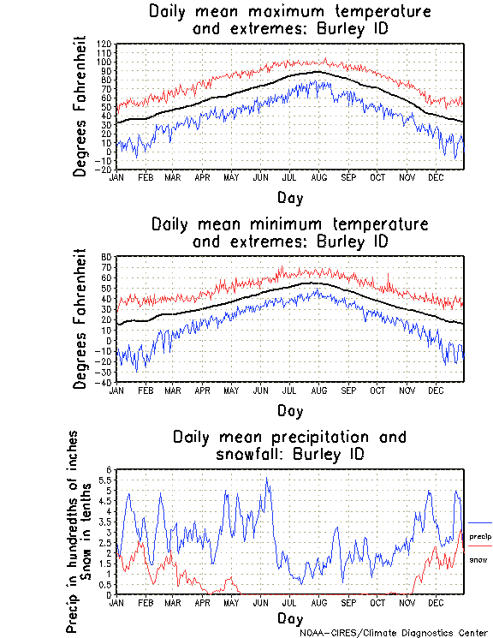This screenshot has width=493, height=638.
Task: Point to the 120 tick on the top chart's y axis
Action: coord(104,44)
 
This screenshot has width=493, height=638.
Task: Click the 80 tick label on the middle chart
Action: coord(107,257)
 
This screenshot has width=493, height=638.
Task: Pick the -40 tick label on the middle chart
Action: coord(104,382)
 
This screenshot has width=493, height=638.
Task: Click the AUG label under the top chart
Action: coord(318,177)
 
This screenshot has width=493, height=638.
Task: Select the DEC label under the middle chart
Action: coord(436,390)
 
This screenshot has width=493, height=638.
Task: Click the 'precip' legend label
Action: coord(480,536)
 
